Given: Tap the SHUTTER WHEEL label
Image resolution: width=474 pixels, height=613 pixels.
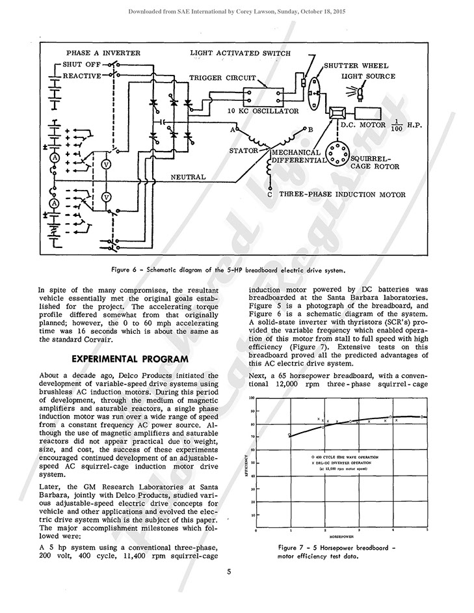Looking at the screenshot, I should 357,66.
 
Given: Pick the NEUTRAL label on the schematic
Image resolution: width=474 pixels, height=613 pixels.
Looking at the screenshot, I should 189,176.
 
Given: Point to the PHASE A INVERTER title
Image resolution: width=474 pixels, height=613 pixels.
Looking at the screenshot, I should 103,52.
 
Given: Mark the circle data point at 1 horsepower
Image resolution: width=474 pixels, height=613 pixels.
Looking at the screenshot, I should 290,435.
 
